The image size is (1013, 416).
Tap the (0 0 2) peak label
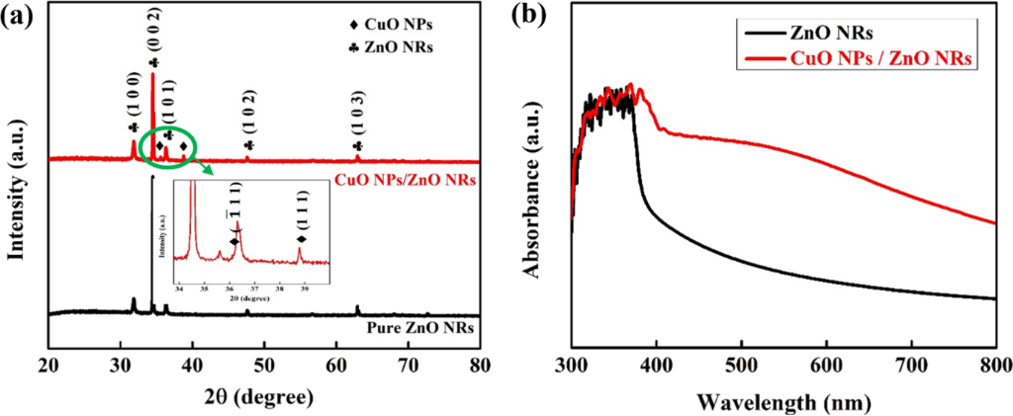coord(163,39)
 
